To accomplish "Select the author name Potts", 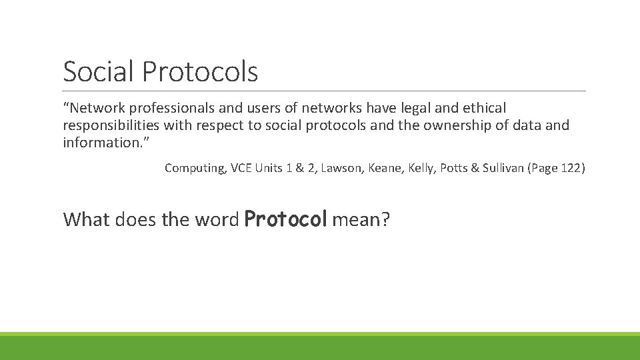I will [x=454, y=168].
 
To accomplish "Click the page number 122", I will [x=571, y=168].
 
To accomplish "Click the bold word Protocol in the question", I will [x=285, y=219].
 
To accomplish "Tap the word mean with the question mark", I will [x=360, y=219].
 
